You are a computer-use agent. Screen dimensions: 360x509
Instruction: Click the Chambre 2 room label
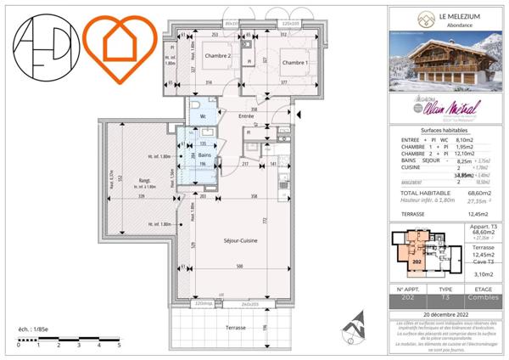[218, 56]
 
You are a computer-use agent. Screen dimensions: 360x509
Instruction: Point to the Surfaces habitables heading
[445, 129]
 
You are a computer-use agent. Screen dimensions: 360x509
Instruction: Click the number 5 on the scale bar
[118, 346]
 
